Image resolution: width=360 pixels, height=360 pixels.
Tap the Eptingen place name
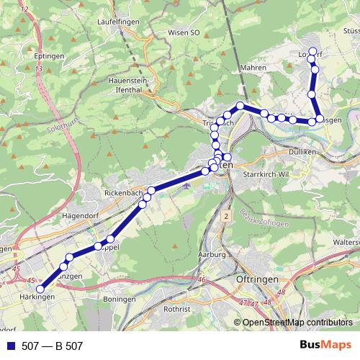click(49, 55)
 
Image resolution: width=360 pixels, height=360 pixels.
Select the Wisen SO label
click(184, 32)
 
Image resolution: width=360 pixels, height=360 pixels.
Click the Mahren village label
click(253, 68)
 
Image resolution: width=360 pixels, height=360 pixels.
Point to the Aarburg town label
click(212, 256)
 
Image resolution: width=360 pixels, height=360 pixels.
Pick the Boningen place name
click(119, 298)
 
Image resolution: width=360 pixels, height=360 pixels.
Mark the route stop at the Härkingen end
click(41, 289)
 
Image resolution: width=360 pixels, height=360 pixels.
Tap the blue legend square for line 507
click(11, 346)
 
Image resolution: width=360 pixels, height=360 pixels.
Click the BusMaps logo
click(324, 346)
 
